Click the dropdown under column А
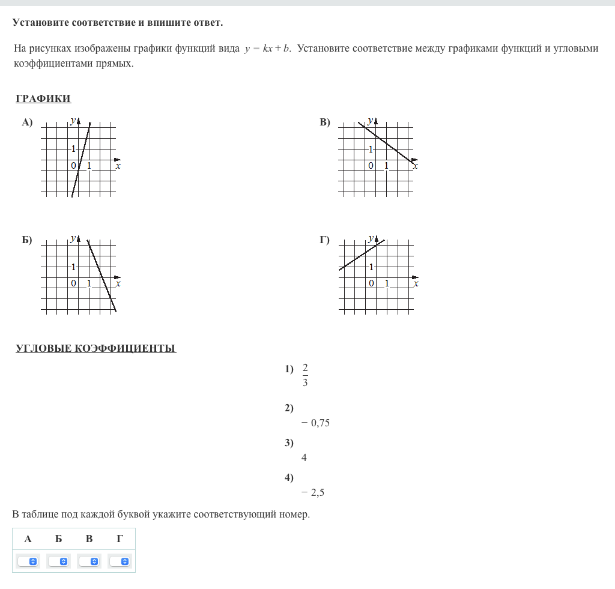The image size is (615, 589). tap(28, 561)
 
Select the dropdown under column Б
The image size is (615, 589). tap(58, 561)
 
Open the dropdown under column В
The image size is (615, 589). tap(89, 561)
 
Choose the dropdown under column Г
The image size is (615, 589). tap(120, 561)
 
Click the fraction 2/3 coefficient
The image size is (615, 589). tap(305, 375)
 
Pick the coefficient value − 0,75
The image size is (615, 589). tap(316, 423)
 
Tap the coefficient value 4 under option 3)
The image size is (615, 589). tap(304, 458)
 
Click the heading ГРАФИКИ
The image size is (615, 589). tap(43, 99)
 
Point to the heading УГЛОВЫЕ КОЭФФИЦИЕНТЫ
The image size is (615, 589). tap(95, 348)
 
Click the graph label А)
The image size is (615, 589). tap(27, 122)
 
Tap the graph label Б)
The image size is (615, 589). tap(27, 240)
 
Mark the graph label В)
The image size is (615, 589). tap(325, 122)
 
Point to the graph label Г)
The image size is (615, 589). tap(324, 240)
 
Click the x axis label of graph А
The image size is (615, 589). tap(118, 166)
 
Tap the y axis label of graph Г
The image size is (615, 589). tap(371, 238)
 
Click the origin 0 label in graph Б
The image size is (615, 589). tap(73, 283)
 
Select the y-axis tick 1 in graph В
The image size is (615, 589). tap(371, 149)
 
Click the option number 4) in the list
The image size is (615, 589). tap(289, 478)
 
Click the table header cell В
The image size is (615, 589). tap(89, 539)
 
